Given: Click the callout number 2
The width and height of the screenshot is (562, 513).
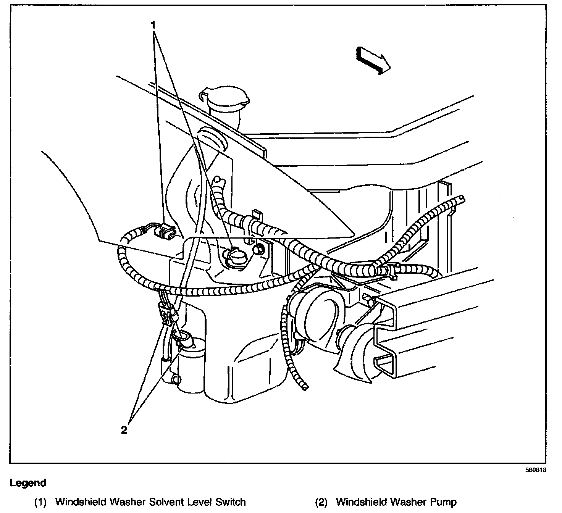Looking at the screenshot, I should [x=124, y=430].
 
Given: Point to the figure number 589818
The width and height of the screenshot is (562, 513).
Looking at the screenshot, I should [x=536, y=470].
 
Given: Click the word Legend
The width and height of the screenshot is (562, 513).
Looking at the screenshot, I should [x=28, y=483].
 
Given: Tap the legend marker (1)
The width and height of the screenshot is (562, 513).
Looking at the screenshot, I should [x=40, y=502].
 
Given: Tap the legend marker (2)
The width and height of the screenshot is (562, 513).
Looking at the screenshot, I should [x=321, y=502].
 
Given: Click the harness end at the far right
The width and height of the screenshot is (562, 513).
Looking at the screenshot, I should [x=462, y=198].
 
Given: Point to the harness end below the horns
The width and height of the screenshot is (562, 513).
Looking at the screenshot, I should [x=304, y=387].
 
